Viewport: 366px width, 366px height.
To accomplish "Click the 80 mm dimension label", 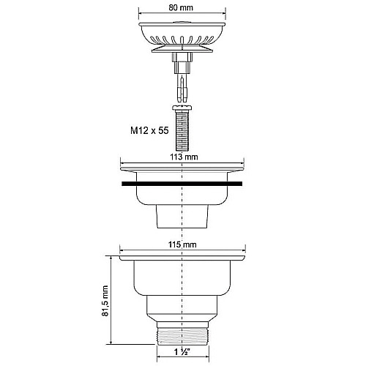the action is point(181,7).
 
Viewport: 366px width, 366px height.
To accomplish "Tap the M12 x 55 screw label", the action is point(149,130).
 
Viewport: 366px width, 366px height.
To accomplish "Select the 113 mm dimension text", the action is point(184,157).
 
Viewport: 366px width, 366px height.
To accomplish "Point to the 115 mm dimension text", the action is point(182,244).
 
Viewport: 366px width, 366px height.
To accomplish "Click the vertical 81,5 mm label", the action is point(105,301).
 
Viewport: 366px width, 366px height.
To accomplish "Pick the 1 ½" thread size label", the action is point(182,352).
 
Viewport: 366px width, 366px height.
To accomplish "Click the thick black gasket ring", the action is point(182,184).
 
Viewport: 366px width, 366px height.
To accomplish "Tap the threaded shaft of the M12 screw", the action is point(182,130).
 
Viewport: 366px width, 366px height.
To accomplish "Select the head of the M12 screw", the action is point(182,108).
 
